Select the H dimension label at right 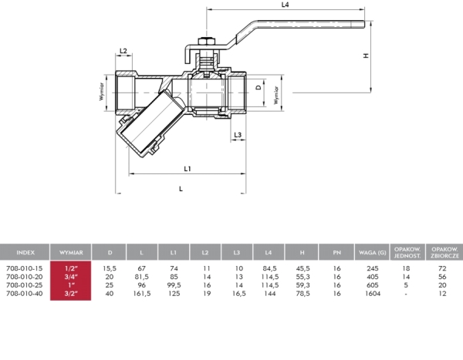(367, 56)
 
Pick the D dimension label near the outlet (259, 89)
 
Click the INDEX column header (25, 252)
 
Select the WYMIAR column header (72, 252)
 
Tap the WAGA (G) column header (367, 252)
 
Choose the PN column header (336, 252)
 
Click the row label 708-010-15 (22, 267)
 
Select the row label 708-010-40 (22, 292)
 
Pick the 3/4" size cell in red (72, 275)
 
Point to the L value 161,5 (142, 292)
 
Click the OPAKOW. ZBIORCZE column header (444, 252)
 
